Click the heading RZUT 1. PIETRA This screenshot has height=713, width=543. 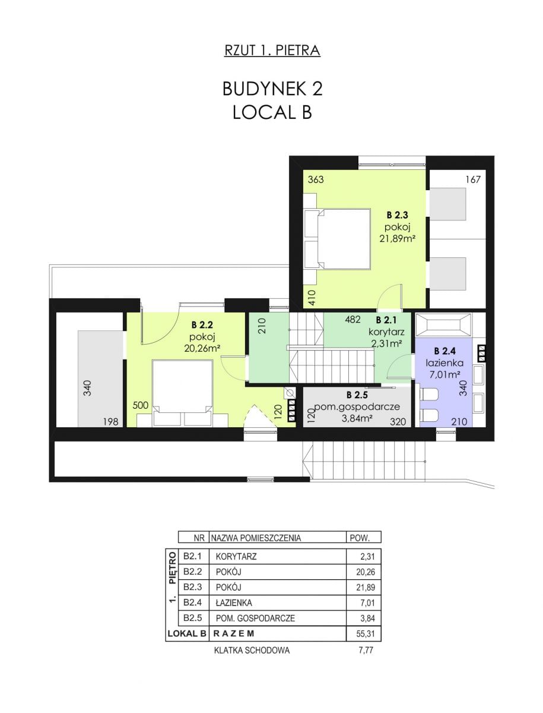tap(272, 51)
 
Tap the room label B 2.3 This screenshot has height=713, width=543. tap(397, 214)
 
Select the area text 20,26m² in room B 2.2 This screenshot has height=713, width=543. tap(202, 349)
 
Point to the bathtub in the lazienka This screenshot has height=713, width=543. tap(444, 324)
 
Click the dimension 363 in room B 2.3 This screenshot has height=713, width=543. tap(316, 179)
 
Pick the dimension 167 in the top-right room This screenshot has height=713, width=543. tap(473, 179)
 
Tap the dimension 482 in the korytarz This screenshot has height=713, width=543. tap(353, 320)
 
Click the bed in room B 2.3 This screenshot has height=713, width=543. tap(337, 239)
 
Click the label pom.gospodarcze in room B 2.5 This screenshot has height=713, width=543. tap(357, 406)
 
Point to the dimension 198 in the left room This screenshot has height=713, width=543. tap(110, 422)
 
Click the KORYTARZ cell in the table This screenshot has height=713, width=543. tap(236, 556)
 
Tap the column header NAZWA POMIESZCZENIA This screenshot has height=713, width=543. tap(256, 538)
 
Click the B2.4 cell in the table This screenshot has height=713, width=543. tap(192, 602)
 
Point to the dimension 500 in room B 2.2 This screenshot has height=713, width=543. tap(141, 405)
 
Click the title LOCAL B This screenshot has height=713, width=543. tap(272, 112)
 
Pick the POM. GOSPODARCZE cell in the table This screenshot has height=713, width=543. tap(255, 618)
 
